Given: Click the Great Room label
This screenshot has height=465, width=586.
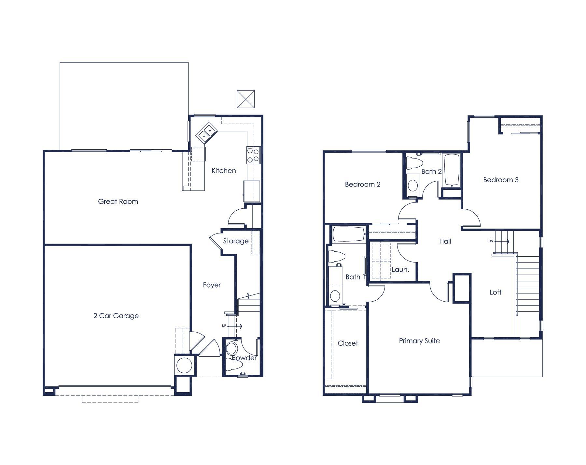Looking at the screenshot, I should [x=118, y=202].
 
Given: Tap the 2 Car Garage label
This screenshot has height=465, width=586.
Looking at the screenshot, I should [x=116, y=316].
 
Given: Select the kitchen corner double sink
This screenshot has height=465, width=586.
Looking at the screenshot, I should [x=206, y=133].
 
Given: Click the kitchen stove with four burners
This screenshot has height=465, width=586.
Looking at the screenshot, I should [x=253, y=155].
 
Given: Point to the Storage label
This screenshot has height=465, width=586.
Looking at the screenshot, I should [x=236, y=241].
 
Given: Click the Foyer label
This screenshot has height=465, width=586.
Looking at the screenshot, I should [x=212, y=285].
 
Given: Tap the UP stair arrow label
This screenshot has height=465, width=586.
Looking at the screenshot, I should [x=224, y=326].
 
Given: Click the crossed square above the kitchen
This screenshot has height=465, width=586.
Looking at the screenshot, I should [x=245, y=99].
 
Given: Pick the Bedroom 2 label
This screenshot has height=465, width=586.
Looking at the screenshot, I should [x=362, y=184].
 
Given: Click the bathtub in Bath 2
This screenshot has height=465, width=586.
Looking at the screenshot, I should [x=452, y=170].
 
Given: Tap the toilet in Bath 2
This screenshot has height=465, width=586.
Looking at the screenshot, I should [x=414, y=163].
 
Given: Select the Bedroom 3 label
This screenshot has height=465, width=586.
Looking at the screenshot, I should [x=500, y=180].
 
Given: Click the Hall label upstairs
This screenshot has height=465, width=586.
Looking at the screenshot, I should [x=445, y=241].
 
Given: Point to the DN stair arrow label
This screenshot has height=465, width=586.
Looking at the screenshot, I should [x=491, y=241].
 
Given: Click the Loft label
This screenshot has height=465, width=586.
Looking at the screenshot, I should [x=495, y=292].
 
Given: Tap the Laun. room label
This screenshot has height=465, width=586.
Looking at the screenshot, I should [x=400, y=270].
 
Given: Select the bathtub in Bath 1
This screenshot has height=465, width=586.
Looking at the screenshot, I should [x=348, y=234].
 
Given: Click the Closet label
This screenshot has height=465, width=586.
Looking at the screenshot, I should [x=347, y=343].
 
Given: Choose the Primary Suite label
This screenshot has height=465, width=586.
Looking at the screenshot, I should [x=419, y=341].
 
